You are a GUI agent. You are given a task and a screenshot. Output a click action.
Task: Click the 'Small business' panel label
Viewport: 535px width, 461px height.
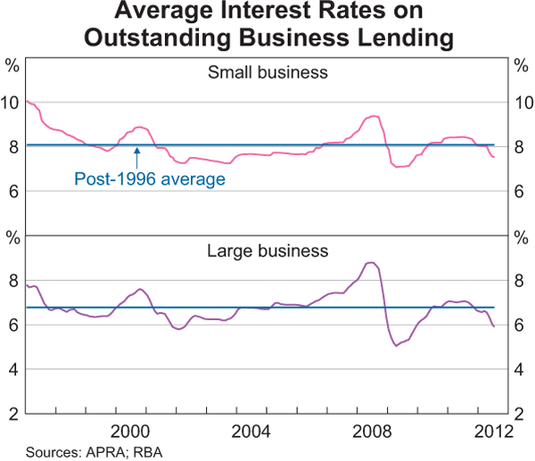coord(267,71)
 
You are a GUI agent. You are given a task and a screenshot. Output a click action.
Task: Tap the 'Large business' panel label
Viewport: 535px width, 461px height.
coord(267,251)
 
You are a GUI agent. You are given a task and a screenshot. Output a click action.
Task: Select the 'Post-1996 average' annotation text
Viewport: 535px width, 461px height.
coord(149,179)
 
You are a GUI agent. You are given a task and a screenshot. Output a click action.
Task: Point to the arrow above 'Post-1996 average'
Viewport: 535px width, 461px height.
coord(136,157)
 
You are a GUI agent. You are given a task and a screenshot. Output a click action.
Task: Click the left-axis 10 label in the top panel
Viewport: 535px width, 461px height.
coord(12,103)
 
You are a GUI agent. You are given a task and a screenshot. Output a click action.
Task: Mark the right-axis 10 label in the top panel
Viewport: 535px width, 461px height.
coord(523,103)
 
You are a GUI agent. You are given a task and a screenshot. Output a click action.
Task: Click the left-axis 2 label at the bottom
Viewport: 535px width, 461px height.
coord(14,413)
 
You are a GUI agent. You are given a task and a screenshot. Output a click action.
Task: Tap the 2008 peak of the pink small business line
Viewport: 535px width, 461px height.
coord(374,116)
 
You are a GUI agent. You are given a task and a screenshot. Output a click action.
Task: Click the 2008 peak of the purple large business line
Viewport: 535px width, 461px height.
coord(371,262)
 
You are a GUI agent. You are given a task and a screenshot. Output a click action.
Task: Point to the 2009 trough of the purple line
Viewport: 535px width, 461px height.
coord(396,345)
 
